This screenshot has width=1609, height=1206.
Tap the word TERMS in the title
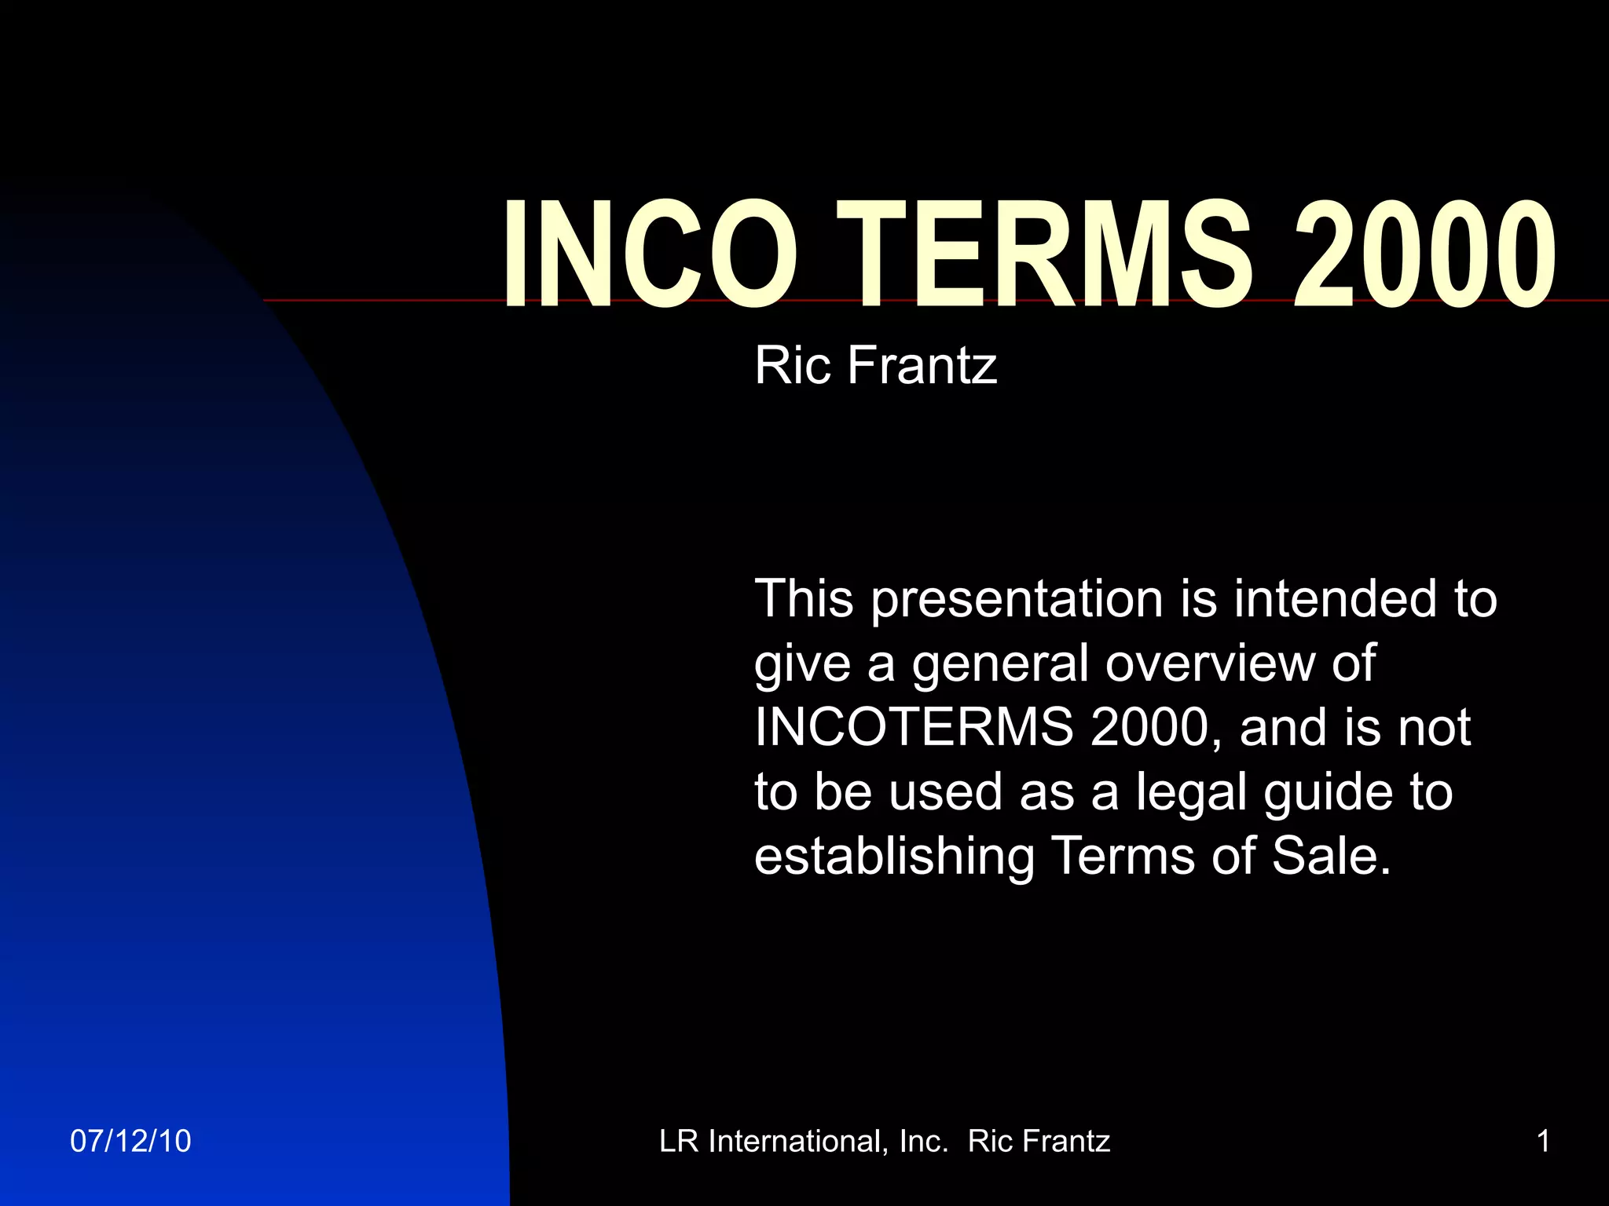click(x=1042, y=254)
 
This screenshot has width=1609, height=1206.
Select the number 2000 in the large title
click(x=1424, y=254)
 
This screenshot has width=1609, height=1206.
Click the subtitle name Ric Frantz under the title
click(x=875, y=366)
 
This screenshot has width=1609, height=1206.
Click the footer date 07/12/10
click(x=130, y=1141)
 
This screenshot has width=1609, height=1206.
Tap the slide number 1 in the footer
click(x=1543, y=1141)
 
